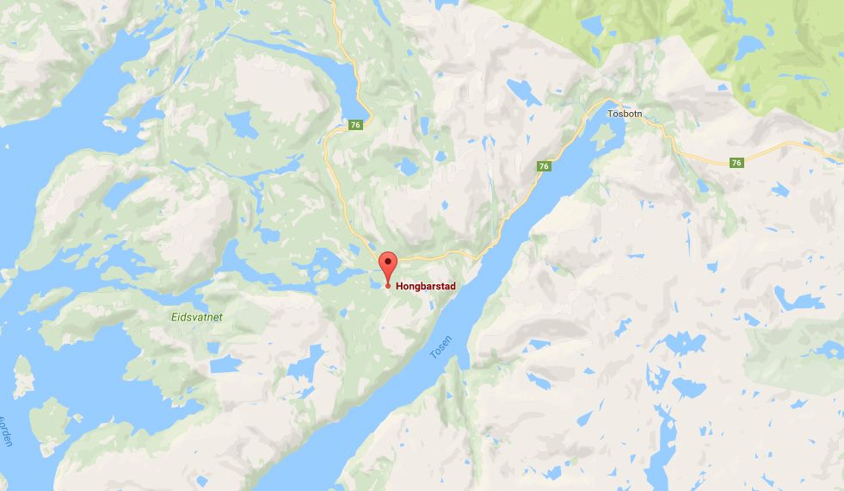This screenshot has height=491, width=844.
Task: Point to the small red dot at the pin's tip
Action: click(x=388, y=285)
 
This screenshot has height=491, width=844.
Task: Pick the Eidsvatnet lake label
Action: click(x=195, y=317)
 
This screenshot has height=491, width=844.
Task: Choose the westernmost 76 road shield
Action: click(x=356, y=126)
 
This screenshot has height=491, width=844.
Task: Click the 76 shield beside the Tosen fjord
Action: click(x=543, y=165)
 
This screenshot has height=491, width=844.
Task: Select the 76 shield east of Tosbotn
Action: click(x=736, y=162)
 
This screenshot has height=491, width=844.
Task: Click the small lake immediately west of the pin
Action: click(x=376, y=282)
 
